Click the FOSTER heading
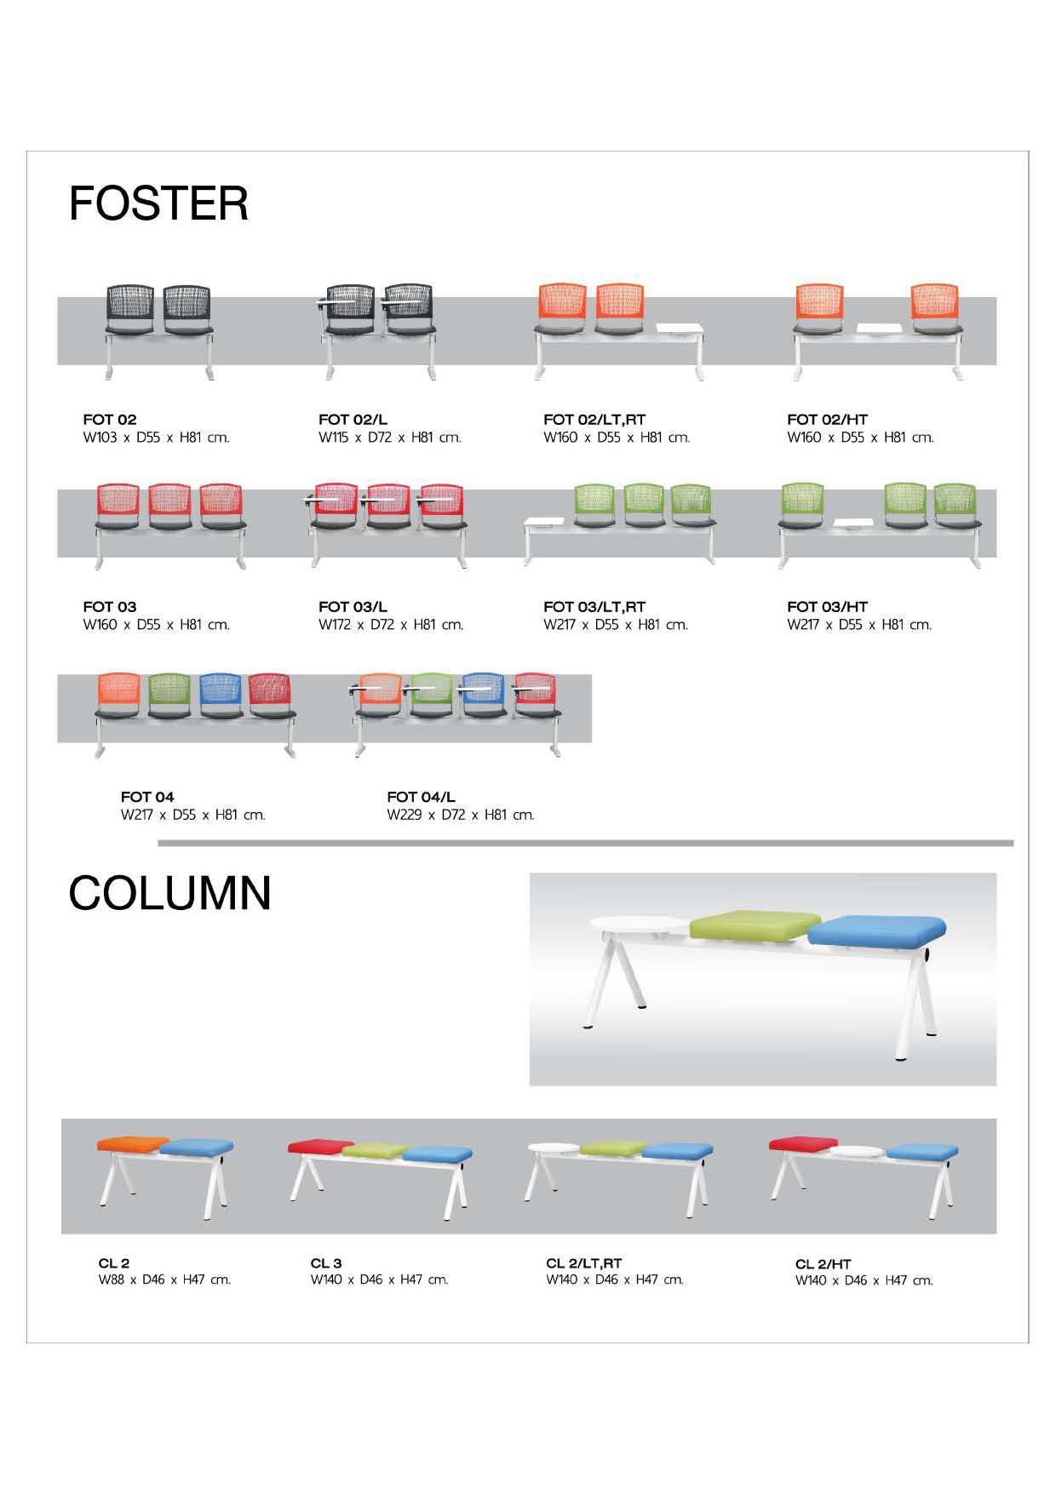(158, 204)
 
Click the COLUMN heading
(169, 894)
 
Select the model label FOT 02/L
(353, 420)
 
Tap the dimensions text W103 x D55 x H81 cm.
(156, 438)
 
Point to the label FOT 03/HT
(827, 607)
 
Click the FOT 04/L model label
(421, 797)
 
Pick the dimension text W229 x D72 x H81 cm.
(460, 815)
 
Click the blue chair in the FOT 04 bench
(221, 696)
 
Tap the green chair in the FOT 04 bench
(169, 696)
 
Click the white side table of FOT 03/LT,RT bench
(551, 522)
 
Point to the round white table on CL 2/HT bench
(859, 1151)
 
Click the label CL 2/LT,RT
(583, 1263)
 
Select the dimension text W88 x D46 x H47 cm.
(164, 1279)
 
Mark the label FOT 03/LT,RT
(594, 607)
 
